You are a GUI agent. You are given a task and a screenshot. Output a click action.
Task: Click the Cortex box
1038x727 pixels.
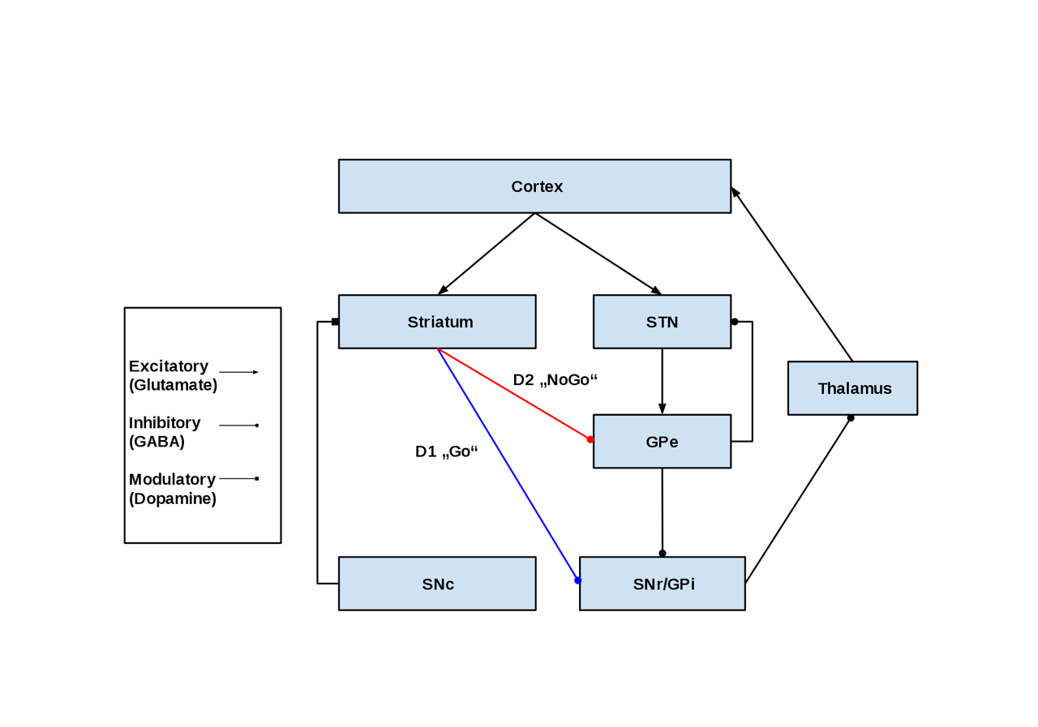(534, 186)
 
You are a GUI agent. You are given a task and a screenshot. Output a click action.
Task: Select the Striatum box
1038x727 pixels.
(437, 322)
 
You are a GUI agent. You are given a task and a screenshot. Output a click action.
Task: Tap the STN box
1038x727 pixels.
(662, 322)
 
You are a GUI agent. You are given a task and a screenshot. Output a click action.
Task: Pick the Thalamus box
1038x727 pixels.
(852, 388)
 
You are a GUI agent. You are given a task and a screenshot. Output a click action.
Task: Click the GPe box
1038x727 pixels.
(662, 442)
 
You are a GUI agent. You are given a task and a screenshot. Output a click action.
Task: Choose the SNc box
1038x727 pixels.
(437, 584)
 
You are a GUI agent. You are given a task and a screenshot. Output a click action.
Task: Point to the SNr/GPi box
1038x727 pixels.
(662, 584)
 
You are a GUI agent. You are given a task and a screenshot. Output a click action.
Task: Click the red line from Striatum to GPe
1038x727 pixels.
(514, 394)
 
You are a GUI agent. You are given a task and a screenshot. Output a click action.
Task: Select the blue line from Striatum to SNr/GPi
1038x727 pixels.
(508, 464)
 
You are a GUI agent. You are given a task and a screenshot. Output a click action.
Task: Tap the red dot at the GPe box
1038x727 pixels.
(590, 439)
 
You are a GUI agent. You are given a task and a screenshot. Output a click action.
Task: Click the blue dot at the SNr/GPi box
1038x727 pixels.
(577, 580)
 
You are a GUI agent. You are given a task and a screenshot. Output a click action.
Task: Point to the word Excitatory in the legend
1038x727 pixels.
(169, 366)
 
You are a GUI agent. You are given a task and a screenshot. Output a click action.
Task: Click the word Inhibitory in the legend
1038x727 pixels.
(165, 423)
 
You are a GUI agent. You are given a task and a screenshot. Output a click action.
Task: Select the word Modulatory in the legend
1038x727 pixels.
(172, 480)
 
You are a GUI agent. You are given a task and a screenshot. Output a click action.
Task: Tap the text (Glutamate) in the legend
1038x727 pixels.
(173, 385)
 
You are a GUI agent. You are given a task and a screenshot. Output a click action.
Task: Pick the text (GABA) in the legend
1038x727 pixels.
(157, 442)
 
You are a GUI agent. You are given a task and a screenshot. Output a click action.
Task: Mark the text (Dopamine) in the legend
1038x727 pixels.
(173, 498)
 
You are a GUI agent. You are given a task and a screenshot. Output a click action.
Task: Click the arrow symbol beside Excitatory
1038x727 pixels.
(238, 372)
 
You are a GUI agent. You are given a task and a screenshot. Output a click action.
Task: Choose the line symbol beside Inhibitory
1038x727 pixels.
(238, 426)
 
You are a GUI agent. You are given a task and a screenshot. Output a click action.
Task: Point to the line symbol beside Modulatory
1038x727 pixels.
(238, 479)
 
